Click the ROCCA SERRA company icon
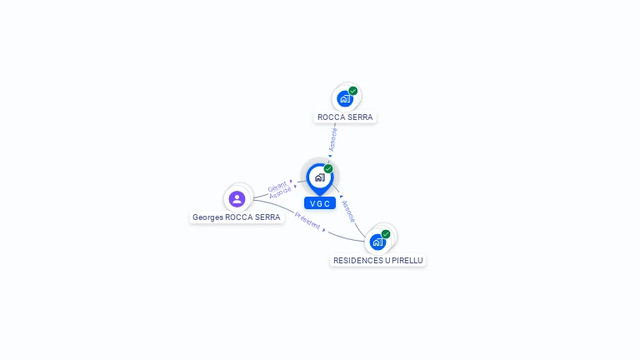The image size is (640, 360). point(345,98)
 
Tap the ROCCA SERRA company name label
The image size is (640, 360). point(345,117)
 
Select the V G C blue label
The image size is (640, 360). point(320,203)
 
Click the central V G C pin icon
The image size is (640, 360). point(319,177)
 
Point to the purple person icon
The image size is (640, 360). point(237,198)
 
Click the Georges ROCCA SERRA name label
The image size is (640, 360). point(237,217)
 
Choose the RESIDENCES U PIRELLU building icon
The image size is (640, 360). point(378,242)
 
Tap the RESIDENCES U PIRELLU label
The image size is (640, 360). point(378,261)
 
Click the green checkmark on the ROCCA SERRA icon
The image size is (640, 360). point(353,91)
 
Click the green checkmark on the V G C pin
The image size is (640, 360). point(328,169)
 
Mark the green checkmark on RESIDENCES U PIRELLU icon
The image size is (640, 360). point(386,234)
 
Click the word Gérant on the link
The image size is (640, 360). point(277,186)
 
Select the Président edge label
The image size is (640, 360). point(307,222)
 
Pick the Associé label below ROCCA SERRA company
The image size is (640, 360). point(333,138)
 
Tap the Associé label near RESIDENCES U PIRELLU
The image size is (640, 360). point(348,211)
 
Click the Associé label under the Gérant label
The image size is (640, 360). point(281,192)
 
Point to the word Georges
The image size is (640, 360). point(208,217)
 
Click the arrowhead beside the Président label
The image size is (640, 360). point(323,231)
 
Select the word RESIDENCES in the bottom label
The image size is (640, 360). point(358,261)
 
